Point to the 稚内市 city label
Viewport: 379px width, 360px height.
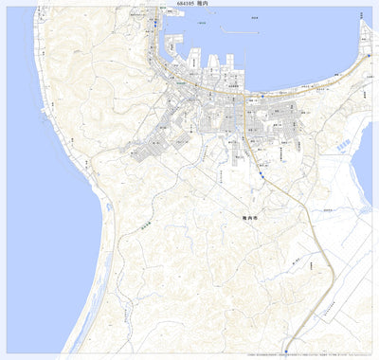tap(250, 217)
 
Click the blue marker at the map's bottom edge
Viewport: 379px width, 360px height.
tap(280, 355)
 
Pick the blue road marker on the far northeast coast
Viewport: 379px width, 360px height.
tap(368, 56)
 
